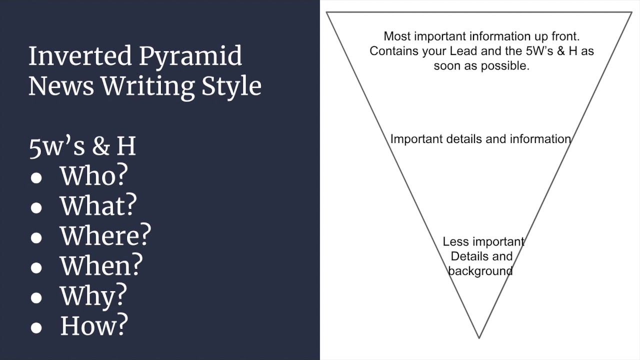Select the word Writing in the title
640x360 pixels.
(x=148, y=86)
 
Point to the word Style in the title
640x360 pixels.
(x=231, y=87)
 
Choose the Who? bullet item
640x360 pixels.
(x=93, y=175)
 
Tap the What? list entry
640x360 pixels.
(x=98, y=205)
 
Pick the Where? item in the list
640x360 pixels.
(x=105, y=235)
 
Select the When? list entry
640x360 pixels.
(x=101, y=265)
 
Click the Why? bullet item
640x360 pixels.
(x=93, y=295)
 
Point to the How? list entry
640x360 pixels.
(x=94, y=325)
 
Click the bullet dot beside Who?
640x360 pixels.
(x=36, y=178)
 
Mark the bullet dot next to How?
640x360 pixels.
(x=36, y=328)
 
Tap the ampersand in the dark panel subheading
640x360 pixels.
(x=101, y=147)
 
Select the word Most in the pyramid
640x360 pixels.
(x=396, y=36)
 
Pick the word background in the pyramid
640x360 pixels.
(x=480, y=271)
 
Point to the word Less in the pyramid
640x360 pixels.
(x=455, y=242)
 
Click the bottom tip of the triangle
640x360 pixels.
(x=479, y=338)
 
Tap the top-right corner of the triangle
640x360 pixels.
(x=631, y=12)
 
